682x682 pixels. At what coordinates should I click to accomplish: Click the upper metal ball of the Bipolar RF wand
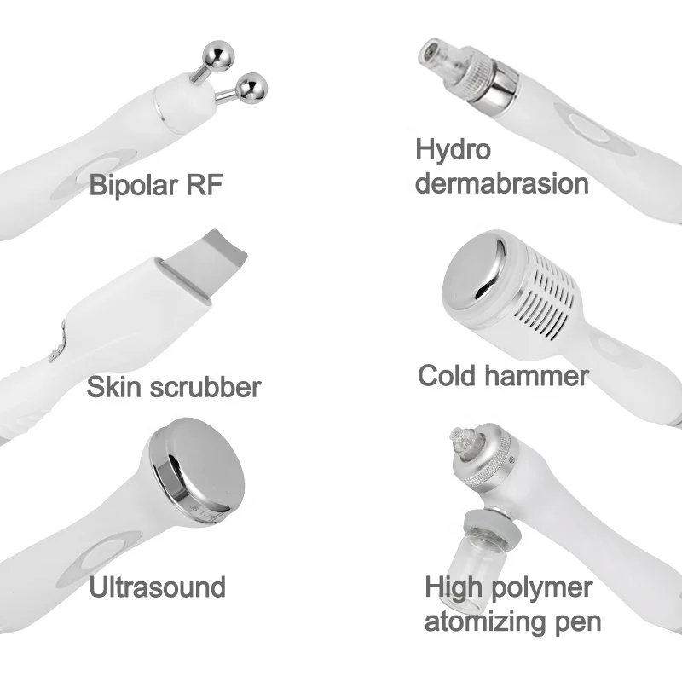point(219,55)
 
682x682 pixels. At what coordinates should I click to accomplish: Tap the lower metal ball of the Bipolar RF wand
point(251,89)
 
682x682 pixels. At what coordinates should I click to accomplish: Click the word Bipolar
point(134,185)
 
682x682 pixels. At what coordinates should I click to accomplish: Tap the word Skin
point(114,386)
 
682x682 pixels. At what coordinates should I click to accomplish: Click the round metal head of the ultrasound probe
point(197,466)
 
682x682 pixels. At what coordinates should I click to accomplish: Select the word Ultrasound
point(158,587)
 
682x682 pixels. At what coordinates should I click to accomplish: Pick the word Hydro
point(454,151)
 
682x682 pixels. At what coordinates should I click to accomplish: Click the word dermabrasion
point(502,183)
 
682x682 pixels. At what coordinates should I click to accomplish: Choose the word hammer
point(537,375)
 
